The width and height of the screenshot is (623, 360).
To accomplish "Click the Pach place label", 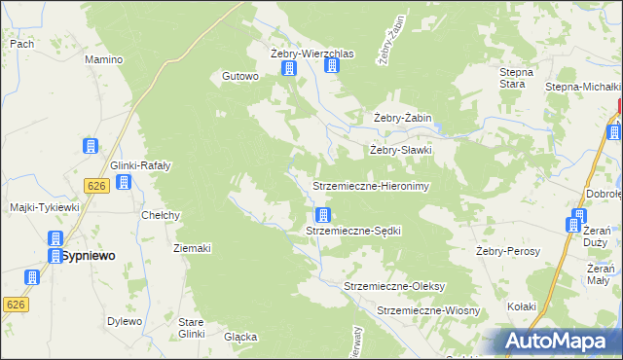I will (x=21, y=44).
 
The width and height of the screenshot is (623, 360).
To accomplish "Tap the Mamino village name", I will (x=103, y=59).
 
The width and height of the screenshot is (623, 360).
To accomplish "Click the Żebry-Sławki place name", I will (x=399, y=151).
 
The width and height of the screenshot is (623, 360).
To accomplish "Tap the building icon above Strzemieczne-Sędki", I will (x=322, y=215).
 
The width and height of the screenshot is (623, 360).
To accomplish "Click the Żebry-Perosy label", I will (x=507, y=250).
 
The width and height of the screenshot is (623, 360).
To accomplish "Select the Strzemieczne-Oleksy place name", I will (x=394, y=286).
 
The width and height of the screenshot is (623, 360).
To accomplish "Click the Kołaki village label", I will (x=522, y=306).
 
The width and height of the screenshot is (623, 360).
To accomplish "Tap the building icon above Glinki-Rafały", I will (x=91, y=146).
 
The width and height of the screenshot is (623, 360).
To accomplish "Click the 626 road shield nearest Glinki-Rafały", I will (x=95, y=185).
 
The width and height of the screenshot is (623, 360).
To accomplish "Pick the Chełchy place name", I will (x=161, y=215).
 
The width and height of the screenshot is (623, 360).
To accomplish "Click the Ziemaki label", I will (x=192, y=248).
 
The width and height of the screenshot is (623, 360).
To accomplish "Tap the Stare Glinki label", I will (x=191, y=327).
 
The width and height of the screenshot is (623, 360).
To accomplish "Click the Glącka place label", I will (x=239, y=338).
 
